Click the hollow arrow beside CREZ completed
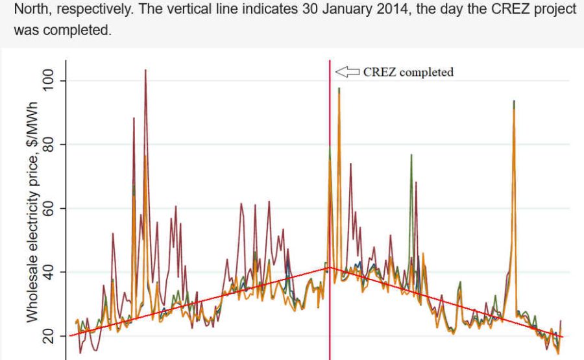point(347,72)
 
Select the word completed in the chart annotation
point(426,73)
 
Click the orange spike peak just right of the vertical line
point(339,89)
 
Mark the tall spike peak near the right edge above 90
point(514,102)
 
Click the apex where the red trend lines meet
point(330,267)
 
